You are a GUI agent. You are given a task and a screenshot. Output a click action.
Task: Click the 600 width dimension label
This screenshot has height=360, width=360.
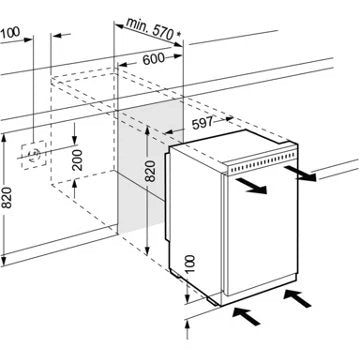(x=153, y=59)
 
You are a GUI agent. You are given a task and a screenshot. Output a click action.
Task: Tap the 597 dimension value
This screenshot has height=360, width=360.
(x=202, y=123)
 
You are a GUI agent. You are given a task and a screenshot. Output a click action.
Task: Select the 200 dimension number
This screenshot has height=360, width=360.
(x=78, y=160)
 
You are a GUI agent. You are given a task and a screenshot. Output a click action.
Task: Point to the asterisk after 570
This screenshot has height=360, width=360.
(x=178, y=34)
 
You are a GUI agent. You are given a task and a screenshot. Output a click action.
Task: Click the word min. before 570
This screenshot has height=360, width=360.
(x=138, y=25)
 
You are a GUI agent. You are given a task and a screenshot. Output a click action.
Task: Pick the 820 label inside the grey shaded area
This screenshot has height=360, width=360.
(x=151, y=171)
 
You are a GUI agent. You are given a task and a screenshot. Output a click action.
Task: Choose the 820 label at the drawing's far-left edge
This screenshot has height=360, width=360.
(x=7, y=198)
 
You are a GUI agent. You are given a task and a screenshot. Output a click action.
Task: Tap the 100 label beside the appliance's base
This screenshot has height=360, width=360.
(x=189, y=264)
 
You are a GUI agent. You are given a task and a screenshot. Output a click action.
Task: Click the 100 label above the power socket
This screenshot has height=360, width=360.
(x=9, y=33)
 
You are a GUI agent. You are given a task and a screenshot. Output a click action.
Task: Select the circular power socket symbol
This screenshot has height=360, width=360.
(x=34, y=154)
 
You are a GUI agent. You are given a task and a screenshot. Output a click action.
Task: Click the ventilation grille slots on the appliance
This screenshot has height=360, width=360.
(x=262, y=162)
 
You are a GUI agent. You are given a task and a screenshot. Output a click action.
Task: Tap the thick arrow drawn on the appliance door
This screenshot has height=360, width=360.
(x=251, y=186)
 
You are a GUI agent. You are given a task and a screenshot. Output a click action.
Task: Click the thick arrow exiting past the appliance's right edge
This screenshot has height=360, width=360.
(x=300, y=173)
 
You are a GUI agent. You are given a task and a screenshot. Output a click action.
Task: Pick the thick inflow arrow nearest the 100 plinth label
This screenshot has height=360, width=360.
(x=246, y=316)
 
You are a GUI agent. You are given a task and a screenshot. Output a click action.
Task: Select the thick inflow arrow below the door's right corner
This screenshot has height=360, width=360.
(x=297, y=299)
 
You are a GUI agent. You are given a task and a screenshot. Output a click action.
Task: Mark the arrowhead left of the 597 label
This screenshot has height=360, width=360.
(x=171, y=132)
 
